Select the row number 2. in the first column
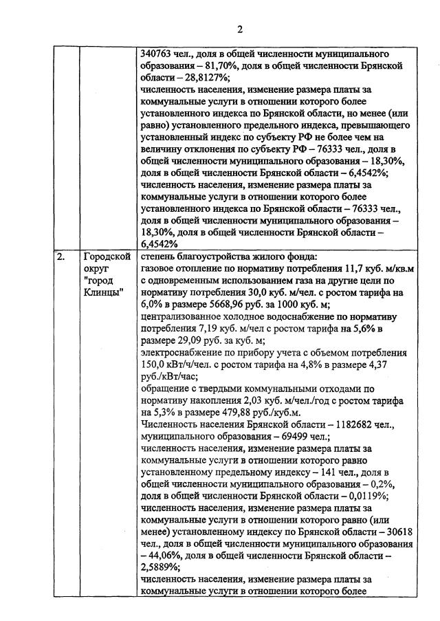click(61, 258)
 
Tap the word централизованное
click(181, 317)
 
